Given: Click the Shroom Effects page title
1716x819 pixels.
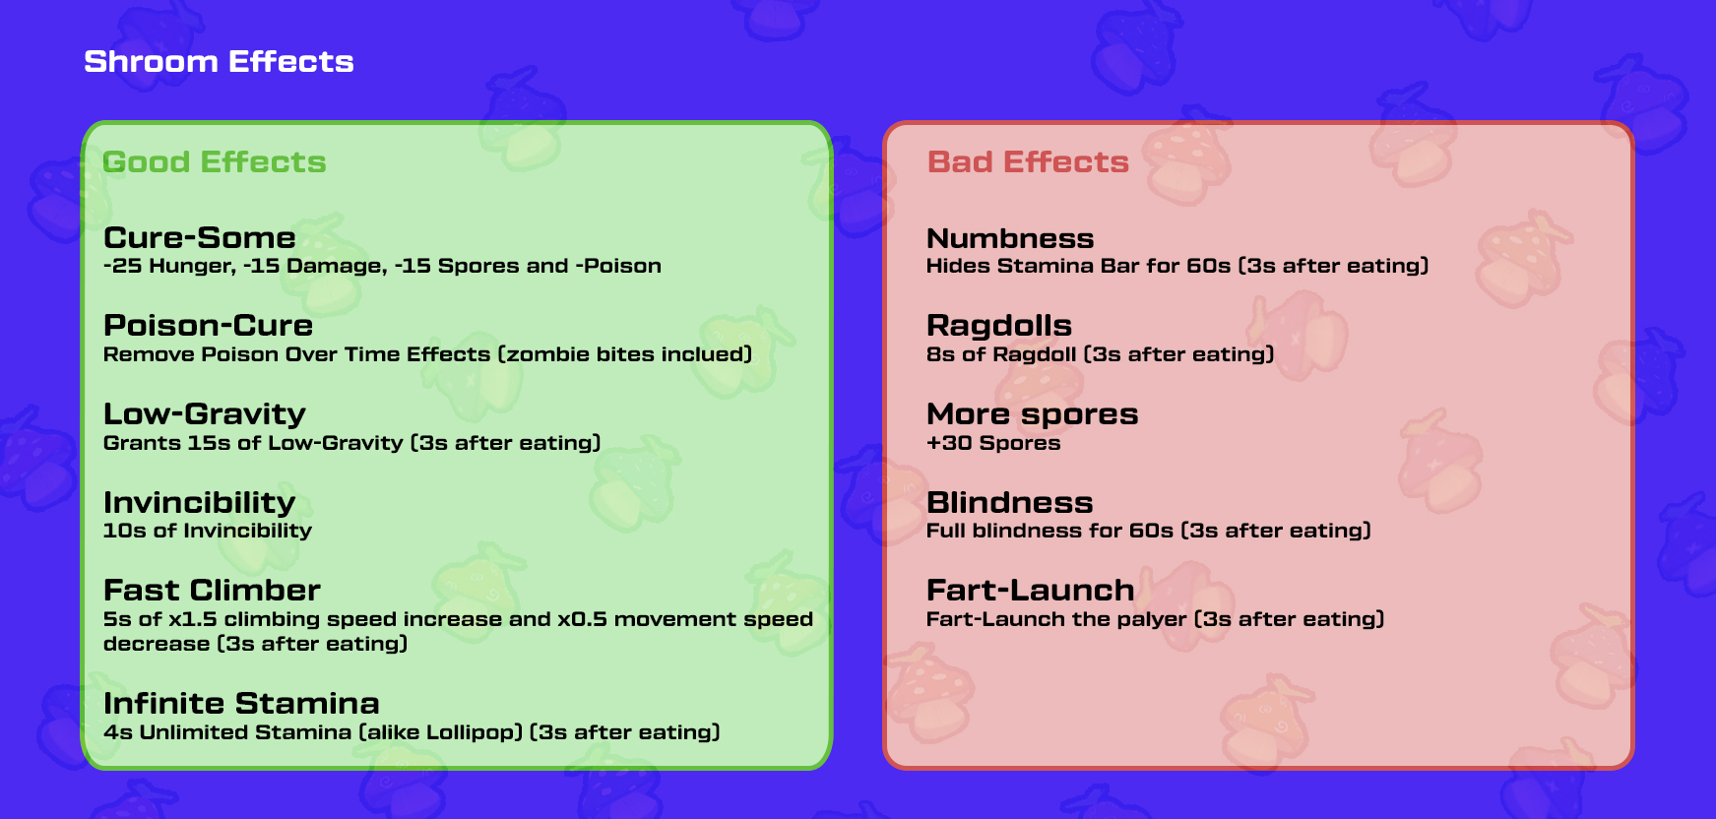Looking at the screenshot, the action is click(219, 61).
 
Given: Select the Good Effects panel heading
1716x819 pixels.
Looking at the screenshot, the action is click(214, 161).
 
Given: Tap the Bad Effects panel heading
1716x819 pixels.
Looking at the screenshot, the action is click(1028, 161).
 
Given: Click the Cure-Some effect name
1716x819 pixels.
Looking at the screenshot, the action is click(200, 237).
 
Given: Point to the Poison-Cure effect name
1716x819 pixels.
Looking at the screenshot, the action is click(209, 325).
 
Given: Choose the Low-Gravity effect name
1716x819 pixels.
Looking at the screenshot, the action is click(205, 414).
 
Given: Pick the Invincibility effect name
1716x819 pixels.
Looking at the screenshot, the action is click(200, 503).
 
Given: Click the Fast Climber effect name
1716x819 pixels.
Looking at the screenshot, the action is click(213, 590).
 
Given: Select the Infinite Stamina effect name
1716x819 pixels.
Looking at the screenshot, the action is click(241, 703).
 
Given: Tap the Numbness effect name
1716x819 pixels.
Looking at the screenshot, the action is click(1010, 238).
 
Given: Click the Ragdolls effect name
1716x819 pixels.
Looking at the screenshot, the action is click(999, 326).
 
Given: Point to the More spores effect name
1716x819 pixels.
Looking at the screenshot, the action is click(1033, 414).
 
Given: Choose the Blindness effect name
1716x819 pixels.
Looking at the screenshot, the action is click(1010, 502).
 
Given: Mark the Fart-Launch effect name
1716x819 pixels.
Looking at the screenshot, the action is click(1031, 590).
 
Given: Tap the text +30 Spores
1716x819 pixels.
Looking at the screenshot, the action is click(993, 443).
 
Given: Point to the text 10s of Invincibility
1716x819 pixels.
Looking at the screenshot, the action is click(208, 531).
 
